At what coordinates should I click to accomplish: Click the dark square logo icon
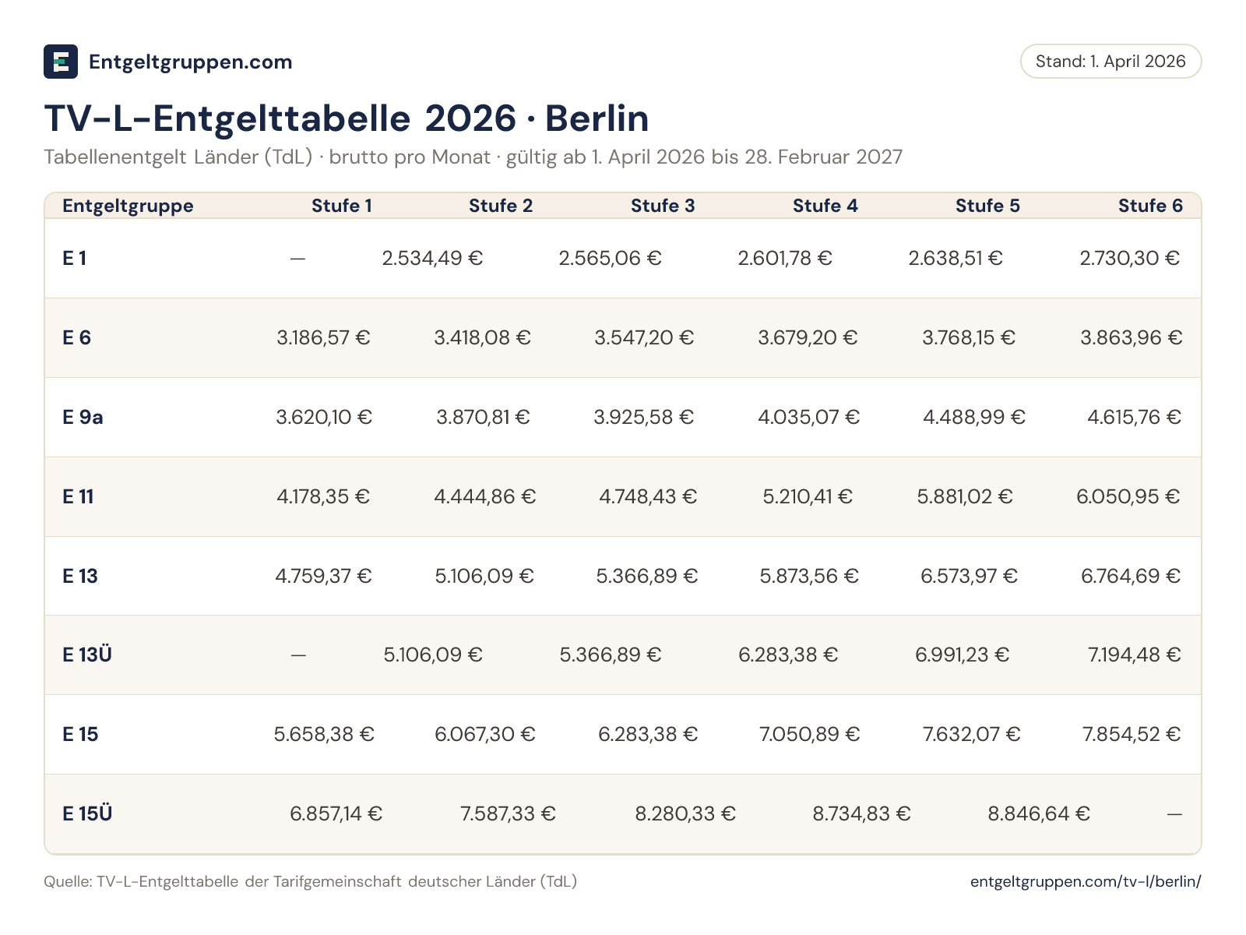pos(61,62)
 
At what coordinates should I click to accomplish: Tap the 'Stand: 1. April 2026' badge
pos(1110,62)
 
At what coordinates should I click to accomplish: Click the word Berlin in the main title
pos(597,118)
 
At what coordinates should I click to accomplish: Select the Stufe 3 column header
pos(663,206)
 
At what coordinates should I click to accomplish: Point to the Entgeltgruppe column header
pos(128,206)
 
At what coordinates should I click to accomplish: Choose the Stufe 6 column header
pos(1150,206)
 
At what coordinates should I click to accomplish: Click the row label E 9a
pos(83,418)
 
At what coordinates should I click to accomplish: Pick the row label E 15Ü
pos(87,813)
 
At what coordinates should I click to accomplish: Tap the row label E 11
pos(78,497)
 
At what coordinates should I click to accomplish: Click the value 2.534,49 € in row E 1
pos(432,259)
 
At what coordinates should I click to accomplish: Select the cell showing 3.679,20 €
pos(808,338)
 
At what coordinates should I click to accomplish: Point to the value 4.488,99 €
pos(973,418)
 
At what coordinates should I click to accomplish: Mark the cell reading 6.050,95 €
pos(1128,497)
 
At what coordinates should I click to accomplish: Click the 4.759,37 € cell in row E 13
pos(323,577)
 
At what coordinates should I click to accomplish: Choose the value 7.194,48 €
pos(1134,654)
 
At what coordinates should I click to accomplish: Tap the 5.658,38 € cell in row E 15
pos(323,734)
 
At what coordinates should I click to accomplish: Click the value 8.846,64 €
pos(1038,813)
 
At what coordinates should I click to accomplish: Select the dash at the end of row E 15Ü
pos(1174,815)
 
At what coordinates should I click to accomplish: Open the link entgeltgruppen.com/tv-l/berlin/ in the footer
pos(1086,882)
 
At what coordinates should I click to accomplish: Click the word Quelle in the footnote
pos(68,882)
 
